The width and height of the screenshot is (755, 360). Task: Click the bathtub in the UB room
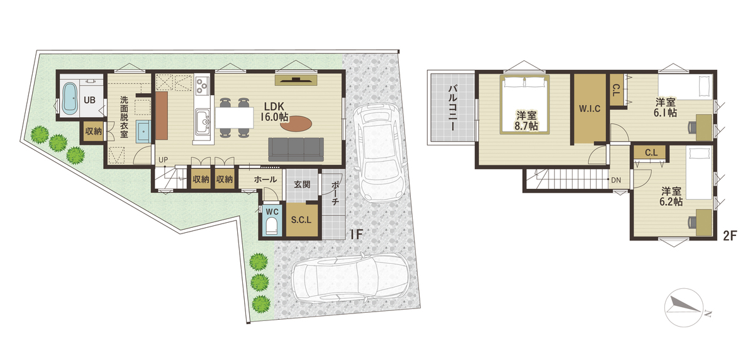point(70,98)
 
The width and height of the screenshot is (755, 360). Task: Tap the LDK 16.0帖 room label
point(274,111)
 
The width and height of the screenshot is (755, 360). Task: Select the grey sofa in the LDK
point(296,149)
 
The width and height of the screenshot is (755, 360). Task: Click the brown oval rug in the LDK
point(296,124)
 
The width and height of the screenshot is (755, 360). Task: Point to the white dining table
point(235,117)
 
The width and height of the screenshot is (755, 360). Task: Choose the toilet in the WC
point(271,226)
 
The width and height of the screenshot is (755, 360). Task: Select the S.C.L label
point(301,220)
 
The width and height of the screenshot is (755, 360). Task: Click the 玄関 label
point(302,184)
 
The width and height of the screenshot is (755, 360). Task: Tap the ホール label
point(266,179)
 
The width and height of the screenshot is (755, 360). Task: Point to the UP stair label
point(163,160)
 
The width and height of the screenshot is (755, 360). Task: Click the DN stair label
point(616,181)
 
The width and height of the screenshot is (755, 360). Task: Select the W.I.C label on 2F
point(590,108)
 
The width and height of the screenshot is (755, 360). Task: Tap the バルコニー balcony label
point(452,108)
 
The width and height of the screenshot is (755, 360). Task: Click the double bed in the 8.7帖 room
point(525,104)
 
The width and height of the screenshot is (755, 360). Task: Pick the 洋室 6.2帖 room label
point(671,196)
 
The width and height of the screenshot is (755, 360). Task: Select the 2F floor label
point(730,236)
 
